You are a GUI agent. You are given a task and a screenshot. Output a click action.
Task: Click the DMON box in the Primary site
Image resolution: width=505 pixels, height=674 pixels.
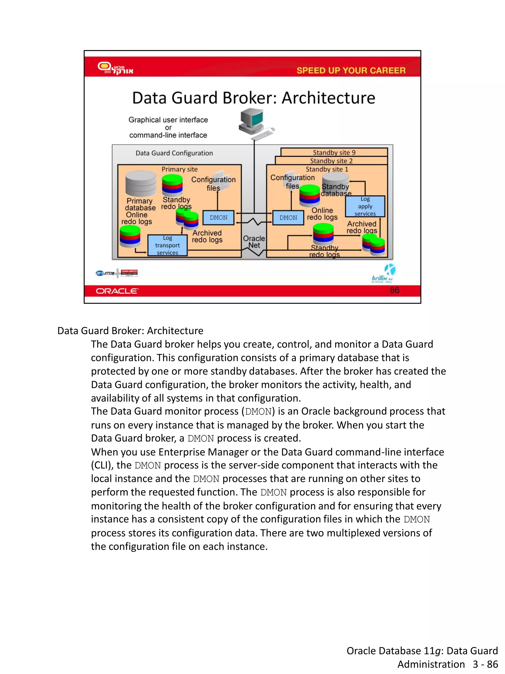[x=218, y=218]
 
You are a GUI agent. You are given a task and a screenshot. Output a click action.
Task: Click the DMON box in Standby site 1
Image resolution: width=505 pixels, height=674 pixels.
[x=288, y=218]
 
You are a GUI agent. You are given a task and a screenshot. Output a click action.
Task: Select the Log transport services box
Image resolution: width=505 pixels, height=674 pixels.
[x=167, y=245]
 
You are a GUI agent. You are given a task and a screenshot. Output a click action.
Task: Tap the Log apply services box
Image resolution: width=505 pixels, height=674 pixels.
[x=365, y=206]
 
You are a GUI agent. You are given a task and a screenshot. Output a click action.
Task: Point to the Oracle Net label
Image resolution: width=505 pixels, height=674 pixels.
[x=254, y=242]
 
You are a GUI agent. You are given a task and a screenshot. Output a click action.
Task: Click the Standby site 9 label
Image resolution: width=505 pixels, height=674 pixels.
[x=334, y=152]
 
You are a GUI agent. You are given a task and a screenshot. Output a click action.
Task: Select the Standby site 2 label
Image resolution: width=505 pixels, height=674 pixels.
[x=331, y=161]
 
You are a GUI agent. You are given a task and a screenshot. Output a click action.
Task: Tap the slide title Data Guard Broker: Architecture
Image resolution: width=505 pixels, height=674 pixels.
[x=253, y=98]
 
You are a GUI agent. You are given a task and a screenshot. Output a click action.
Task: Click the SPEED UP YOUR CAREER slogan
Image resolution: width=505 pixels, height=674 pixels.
[x=351, y=70]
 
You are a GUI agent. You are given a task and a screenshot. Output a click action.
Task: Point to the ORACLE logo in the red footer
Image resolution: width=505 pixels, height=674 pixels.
[x=117, y=291]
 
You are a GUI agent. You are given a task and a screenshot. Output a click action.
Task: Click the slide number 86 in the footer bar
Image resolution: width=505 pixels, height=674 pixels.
[x=395, y=290]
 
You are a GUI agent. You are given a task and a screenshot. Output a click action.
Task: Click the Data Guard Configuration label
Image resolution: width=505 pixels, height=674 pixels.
[x=174, y=153]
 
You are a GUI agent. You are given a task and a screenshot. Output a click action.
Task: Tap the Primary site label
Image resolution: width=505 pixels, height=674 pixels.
[x=179, y=169]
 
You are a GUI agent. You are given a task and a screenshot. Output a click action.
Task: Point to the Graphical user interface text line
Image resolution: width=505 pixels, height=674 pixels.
[x=168, y=120]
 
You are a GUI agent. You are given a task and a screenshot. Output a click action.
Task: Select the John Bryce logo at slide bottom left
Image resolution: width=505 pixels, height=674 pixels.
[x=129, y=273]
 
